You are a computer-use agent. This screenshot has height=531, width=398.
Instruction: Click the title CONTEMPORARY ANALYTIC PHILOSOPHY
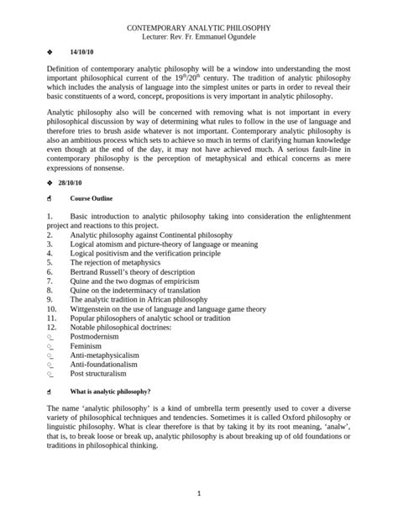click(198, 29)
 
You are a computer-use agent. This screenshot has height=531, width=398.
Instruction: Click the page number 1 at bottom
click(199, 493)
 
